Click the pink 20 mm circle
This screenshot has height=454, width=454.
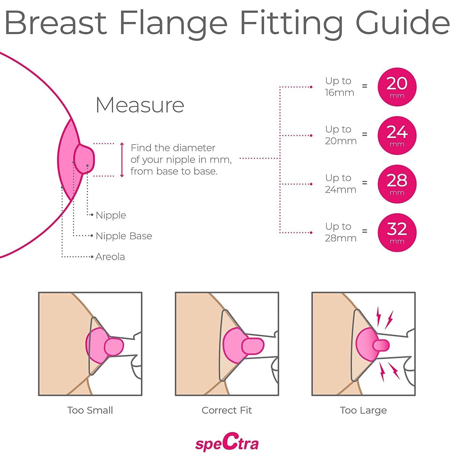397,87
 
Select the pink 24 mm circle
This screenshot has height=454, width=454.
397,135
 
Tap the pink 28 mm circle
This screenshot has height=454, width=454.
397,184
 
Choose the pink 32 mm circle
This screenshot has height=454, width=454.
397,232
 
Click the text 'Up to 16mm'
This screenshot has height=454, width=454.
339,87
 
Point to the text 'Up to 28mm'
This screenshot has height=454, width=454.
341,232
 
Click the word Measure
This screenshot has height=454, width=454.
140,105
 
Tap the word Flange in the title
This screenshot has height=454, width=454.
173,24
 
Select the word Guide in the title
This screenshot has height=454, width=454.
402,24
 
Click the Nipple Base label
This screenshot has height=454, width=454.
124,236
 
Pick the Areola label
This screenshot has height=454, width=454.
110,257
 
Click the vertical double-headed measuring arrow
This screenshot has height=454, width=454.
122,160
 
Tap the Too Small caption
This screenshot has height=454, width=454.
90,410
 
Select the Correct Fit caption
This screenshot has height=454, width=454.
227,410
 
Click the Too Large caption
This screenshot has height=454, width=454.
363,410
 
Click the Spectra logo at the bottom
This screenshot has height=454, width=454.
227,442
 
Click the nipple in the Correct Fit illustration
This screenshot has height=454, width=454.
253,346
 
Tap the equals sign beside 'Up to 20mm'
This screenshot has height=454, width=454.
364,134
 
